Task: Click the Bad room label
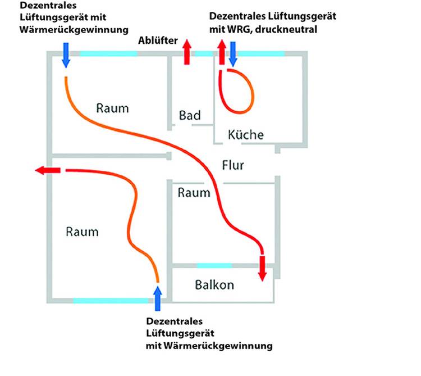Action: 190,115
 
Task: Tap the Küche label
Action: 245,135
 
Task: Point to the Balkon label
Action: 214,284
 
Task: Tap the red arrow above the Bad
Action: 187,49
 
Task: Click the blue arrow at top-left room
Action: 66,55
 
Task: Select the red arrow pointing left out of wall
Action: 47,170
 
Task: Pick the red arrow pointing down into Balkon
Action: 262,268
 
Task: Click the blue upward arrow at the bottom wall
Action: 158,297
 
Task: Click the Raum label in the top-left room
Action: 112,108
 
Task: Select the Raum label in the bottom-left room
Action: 82,231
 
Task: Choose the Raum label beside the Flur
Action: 194,193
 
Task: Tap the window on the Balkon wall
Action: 214,265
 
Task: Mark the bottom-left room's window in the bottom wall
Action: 111,301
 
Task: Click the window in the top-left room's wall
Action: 108,53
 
